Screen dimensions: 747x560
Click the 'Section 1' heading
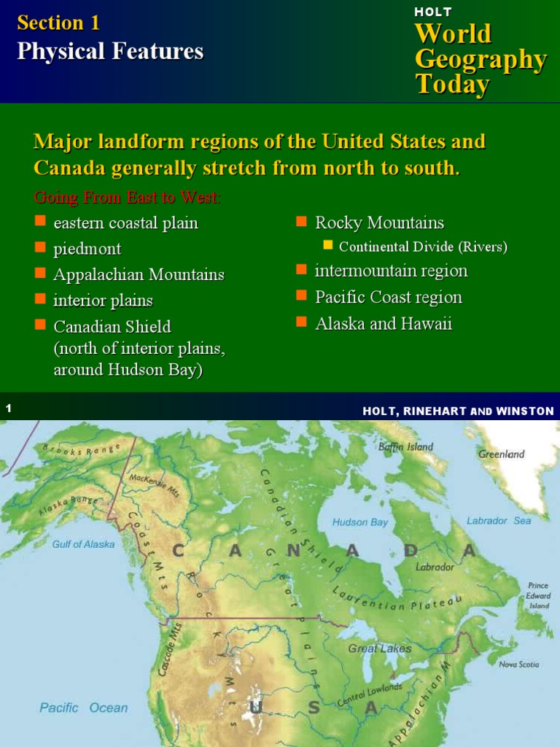coord(58,23)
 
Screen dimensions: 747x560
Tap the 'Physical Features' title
coord(110,51)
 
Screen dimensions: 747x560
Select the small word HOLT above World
coord(433,12)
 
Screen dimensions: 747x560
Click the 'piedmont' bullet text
coord(87,249)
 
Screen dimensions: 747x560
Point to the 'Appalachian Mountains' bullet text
coord(139,275)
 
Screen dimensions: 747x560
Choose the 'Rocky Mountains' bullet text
coord(379,222)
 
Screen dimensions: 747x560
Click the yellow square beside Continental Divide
coord(328,245)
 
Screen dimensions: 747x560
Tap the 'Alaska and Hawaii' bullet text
coord(384,324)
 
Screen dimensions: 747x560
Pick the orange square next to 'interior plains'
coord(41,298)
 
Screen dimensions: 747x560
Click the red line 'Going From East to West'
coord(127,198)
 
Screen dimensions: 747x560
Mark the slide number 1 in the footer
coord(9,410)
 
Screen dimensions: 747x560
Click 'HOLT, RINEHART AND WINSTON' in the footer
coord(458,411)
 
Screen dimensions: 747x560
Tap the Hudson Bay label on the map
coord(360,522)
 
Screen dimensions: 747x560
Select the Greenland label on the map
coord(502,454)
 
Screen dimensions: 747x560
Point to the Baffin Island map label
coord(406,446)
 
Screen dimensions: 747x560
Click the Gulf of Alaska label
coord(83,544)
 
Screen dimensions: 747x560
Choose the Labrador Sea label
coord(499,521)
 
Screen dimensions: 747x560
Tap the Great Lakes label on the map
coord(379,649)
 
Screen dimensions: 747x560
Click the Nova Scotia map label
coord(519,665)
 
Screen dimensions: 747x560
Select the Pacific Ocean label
coord(83,708)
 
